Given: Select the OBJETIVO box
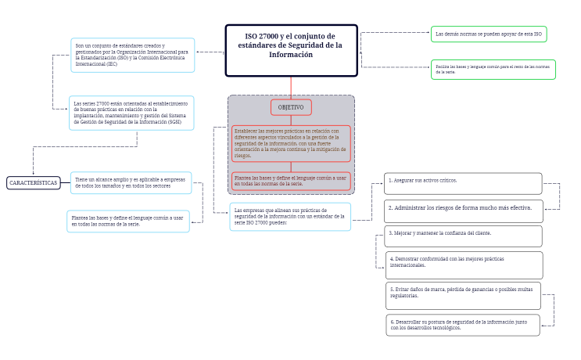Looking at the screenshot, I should [x=291, y=107].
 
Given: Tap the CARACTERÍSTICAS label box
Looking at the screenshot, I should [x=34, y=182].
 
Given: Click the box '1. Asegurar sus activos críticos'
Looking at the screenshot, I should [x=463, y=183].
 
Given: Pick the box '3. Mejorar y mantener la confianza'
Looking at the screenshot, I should [x=463, y=236].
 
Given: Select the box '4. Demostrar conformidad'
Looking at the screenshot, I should [x=463, y=265].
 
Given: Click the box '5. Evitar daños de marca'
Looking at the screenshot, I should [x=463, y=295].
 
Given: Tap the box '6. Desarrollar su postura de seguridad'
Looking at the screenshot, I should [x=463, y=325].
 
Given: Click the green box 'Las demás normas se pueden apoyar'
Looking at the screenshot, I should [x=489, y=34].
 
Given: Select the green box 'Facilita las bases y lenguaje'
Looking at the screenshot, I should [x=493, y=70].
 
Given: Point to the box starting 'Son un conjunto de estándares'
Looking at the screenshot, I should [x=132, y=55].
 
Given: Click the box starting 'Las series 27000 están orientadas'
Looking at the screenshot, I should [x=131, y=113].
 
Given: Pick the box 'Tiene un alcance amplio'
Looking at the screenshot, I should [x=131, y=183].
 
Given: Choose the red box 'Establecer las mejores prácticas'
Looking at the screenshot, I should [x=291, y=143].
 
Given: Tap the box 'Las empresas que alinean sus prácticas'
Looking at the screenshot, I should [x=290, y=216].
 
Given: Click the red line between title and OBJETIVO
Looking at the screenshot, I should [x=291, y=87].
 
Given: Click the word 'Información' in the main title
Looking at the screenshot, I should [x=291, y=55].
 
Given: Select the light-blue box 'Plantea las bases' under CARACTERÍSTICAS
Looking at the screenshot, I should [x=128, y=221].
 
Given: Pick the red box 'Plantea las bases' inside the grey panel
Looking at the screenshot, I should [x=291, y=181].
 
